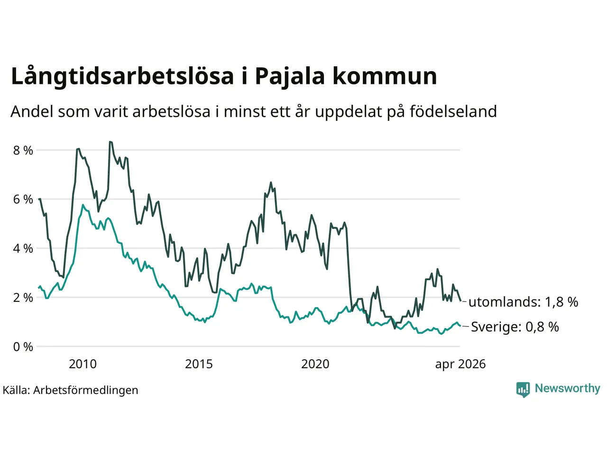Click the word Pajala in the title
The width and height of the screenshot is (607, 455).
click(290, 76)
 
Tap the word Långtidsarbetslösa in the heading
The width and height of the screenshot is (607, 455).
click(122, 76)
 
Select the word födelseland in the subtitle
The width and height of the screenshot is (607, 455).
click(453, 111)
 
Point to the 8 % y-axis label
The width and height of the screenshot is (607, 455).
click(23, 151)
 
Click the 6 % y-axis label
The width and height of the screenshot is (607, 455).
click(23, 200)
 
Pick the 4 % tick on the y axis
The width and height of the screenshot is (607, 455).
click(23, 249)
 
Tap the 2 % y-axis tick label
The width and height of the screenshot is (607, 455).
click(23, 298)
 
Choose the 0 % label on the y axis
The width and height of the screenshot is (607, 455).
click(23, 347)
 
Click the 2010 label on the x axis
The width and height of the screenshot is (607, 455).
click(83, 364)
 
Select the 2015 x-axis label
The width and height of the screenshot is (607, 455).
click(199, 364)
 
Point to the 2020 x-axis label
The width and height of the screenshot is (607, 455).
click(315, 364)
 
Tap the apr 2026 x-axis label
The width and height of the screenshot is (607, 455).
click(460, 364)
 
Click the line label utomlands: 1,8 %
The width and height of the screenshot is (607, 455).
click(523, 302)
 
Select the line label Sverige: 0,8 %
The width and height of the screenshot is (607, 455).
click(515, 327)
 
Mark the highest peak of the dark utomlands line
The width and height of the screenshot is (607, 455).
click(110, 142)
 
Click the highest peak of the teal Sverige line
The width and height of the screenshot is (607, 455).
click(83, 205)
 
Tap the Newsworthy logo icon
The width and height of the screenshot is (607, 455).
click(523, 390)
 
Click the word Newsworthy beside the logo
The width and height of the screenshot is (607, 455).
click(568, 389)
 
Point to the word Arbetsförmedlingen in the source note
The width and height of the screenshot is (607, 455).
click(85, 391)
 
